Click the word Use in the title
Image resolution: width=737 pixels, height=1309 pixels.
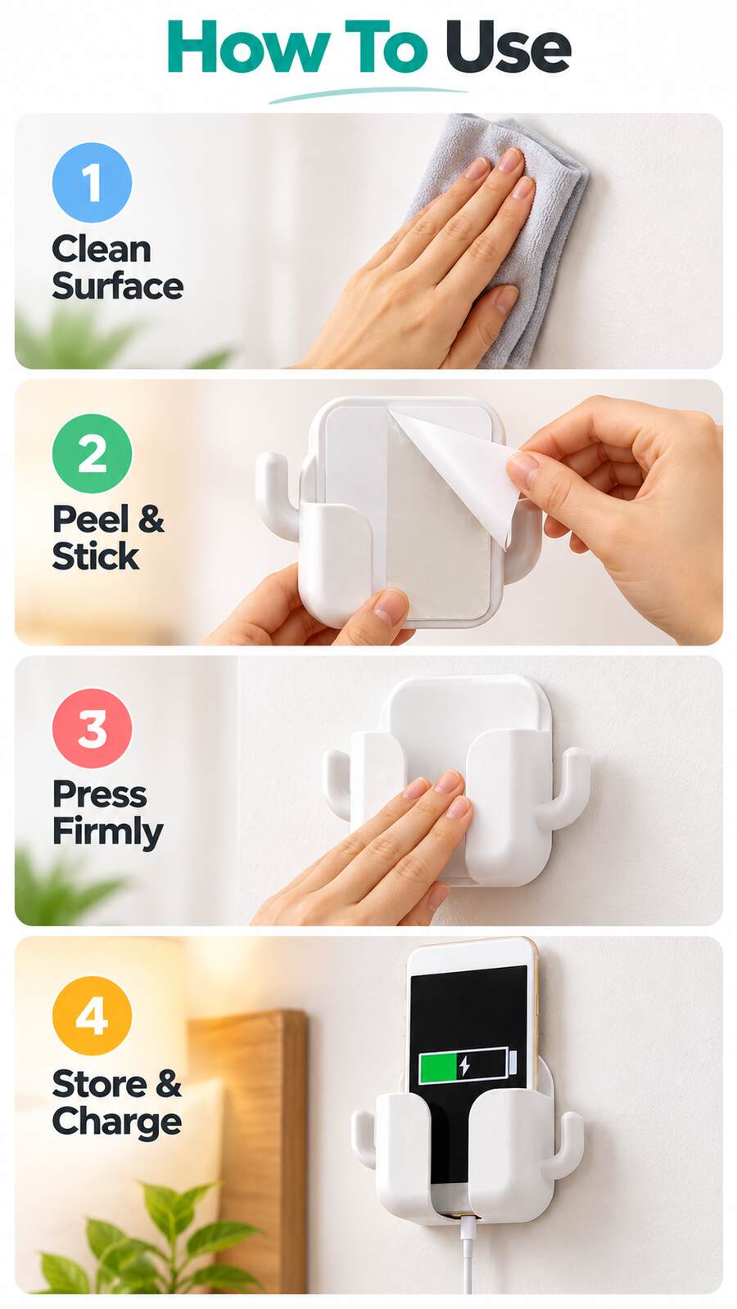(x=508, y=47)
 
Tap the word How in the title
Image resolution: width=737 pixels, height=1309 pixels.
(x=247, y=47)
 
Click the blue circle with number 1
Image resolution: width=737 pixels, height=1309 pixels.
(x=92, y=182)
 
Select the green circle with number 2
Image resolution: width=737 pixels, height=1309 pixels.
(x=92, y=453)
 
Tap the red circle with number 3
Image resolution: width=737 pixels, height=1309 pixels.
(x=92, y=727)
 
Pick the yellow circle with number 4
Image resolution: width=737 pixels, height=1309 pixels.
(x=92, y=1015)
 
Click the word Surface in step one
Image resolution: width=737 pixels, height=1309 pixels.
(x=118, y=286)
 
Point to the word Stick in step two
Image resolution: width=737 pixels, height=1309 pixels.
(x=95, y=556)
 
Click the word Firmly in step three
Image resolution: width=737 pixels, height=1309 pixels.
(x=107, y=832)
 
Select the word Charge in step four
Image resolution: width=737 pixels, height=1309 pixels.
(x=117, y=1122)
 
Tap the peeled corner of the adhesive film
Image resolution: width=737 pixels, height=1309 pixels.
(x=462, y=467)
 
